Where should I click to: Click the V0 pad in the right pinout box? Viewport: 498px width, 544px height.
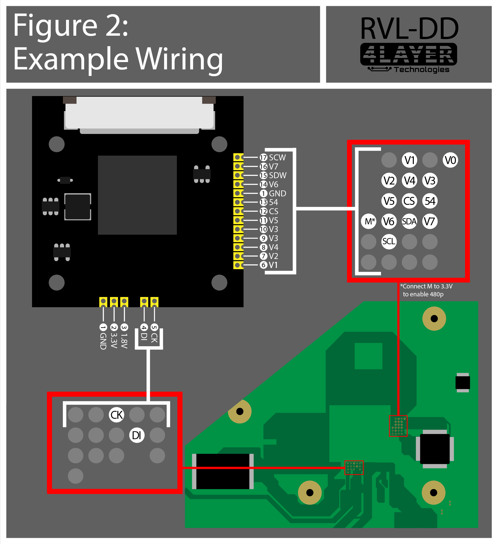450,160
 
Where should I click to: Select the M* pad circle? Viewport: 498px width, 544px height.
368,221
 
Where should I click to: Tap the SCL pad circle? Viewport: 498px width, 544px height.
389,242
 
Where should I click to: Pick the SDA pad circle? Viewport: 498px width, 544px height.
409,221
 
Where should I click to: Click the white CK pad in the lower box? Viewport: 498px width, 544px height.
116,415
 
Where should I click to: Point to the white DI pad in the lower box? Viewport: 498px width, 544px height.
137,435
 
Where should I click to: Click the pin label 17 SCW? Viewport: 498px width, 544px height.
273,158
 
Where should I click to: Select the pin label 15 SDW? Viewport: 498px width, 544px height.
273,175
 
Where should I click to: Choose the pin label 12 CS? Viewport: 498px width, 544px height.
269,211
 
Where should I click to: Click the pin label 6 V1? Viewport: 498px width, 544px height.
269,265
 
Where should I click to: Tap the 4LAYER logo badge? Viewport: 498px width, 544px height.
408,54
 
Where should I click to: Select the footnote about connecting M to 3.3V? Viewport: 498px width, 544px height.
426,290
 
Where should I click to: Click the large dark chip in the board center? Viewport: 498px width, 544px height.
137,195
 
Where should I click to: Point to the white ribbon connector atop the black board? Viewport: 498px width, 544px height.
139,115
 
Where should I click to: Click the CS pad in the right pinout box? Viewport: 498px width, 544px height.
409,201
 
